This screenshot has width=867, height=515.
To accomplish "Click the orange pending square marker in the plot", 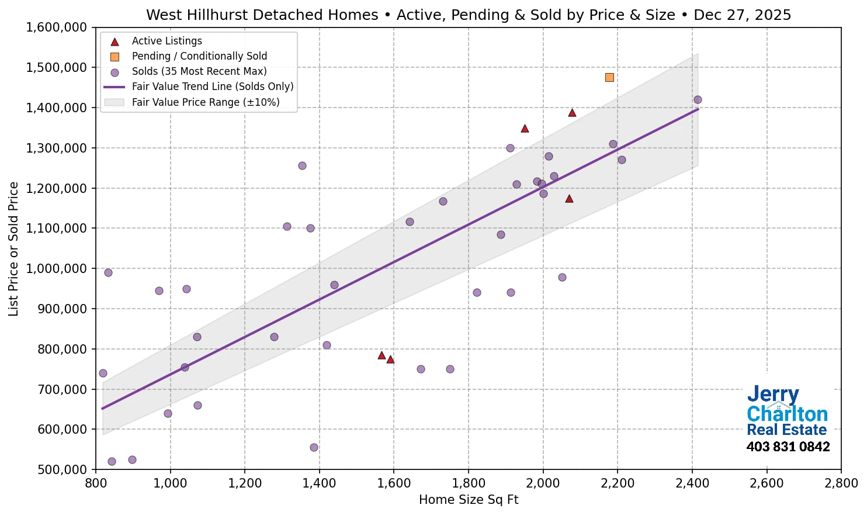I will coord(609,77).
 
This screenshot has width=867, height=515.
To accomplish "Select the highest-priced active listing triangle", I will coord(572,113).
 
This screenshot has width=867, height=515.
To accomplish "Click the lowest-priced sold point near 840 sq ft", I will coord(112,461).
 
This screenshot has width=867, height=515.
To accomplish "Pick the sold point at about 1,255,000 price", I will coord(302,165).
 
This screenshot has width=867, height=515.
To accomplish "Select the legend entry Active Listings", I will coord(167,41).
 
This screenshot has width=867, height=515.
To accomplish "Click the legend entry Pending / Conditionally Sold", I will coord(199,56).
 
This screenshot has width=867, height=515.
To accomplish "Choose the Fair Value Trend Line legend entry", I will coord(213,87).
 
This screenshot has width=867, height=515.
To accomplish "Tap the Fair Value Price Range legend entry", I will coord(206,102).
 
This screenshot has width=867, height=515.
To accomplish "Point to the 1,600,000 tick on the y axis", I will coord(56,27).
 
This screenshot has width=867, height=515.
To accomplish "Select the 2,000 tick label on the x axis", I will coord(543,483).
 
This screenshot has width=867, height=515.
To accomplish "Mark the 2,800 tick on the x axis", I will coord(841,483).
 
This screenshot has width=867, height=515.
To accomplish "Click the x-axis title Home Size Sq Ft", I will coord(469,500).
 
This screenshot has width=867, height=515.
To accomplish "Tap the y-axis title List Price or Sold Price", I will coord(14,248).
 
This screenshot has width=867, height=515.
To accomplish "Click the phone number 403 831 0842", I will coord(788,447).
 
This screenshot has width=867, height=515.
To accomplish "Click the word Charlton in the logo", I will coord(787,414).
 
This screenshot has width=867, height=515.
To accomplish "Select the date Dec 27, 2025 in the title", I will coord(742,15).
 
